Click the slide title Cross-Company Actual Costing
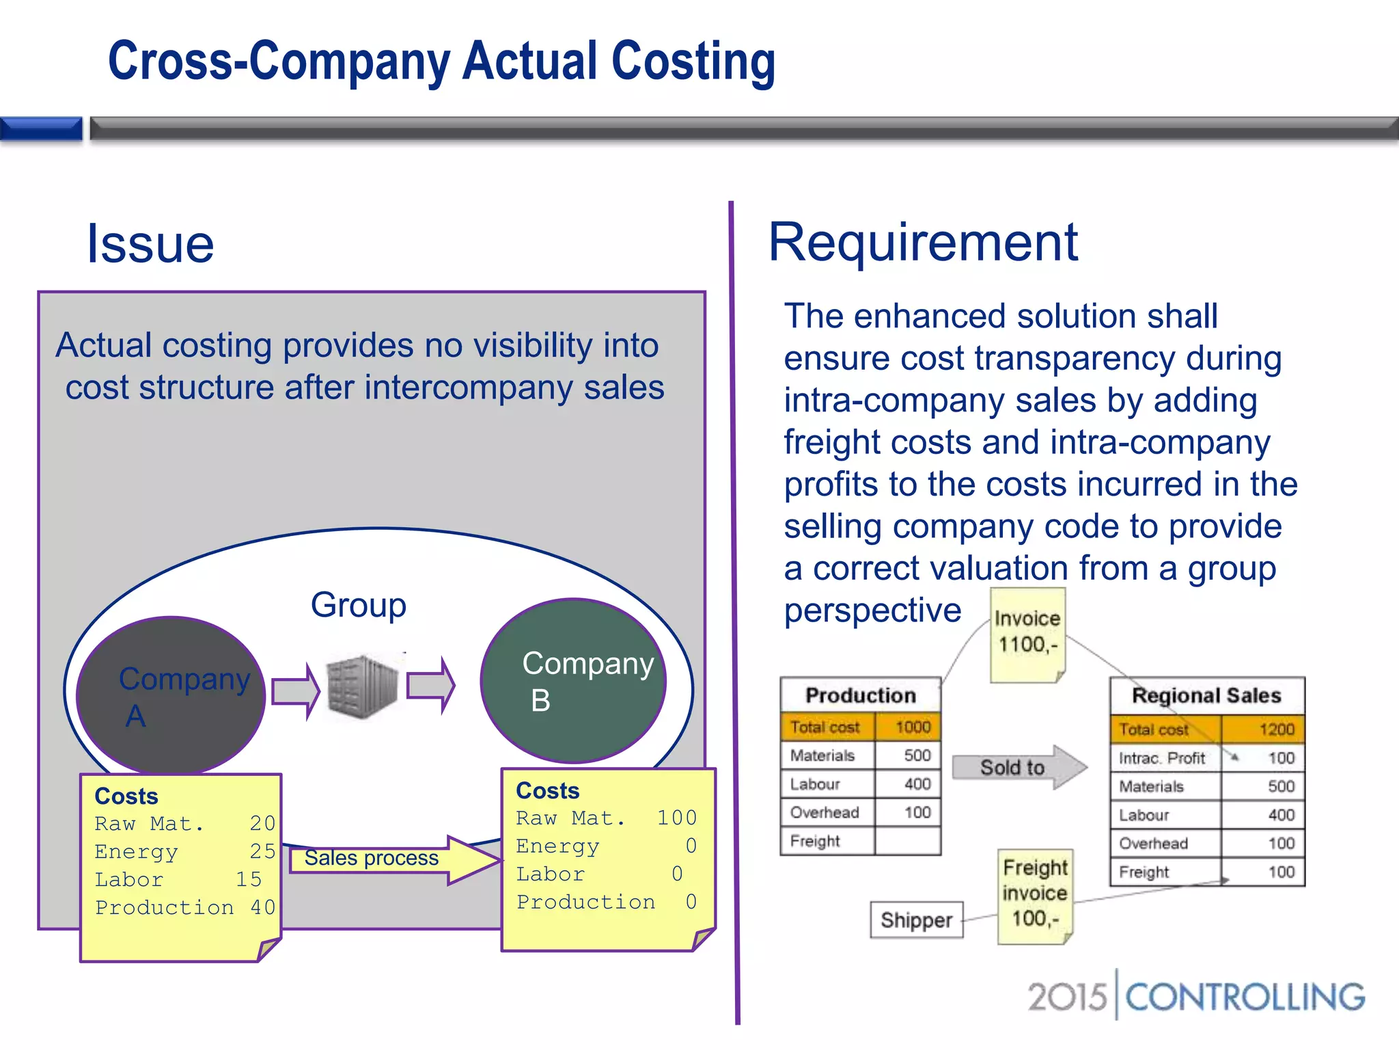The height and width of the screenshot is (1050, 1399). [441, 62]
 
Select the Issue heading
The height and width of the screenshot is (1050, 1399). [150, 244]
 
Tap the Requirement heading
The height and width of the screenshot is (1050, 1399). [923, 242]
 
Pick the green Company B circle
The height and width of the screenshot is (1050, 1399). [572, 681]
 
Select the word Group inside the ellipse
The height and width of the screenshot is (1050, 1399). [358, 605]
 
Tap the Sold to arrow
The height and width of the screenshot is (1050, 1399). [1018, 767]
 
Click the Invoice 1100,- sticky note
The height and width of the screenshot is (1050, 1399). [1027, 634]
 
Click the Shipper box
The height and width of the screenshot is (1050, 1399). [916, 920]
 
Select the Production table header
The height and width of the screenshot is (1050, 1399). [860, 695]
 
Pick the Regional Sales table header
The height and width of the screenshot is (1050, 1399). [1206, 695]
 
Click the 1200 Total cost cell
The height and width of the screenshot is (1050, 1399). [1263, 729]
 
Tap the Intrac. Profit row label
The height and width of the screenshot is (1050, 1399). [1162, 758]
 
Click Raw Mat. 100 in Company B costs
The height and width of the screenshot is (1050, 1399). [606, 818]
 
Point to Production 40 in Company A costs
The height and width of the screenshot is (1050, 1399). [184, 908]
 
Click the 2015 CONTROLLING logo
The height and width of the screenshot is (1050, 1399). [1195, 996]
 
